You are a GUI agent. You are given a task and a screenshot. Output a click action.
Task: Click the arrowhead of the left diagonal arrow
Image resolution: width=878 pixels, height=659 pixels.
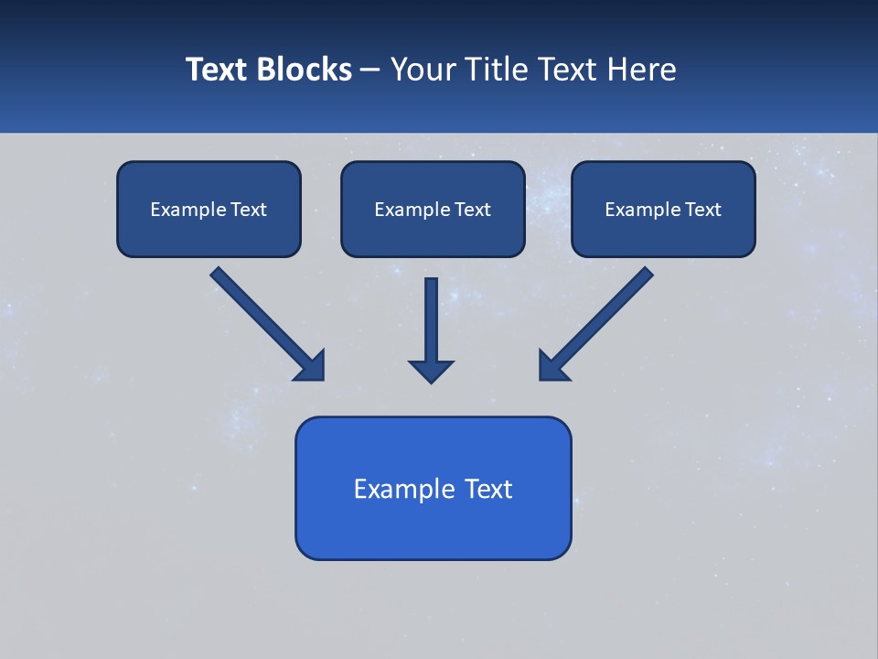click(x=311, y=366)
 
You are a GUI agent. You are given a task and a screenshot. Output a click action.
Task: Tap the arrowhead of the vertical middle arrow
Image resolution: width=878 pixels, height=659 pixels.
click(x=431, y=370)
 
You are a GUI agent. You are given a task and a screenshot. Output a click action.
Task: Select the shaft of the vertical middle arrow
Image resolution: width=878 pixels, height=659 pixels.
click(x=431, y=316)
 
